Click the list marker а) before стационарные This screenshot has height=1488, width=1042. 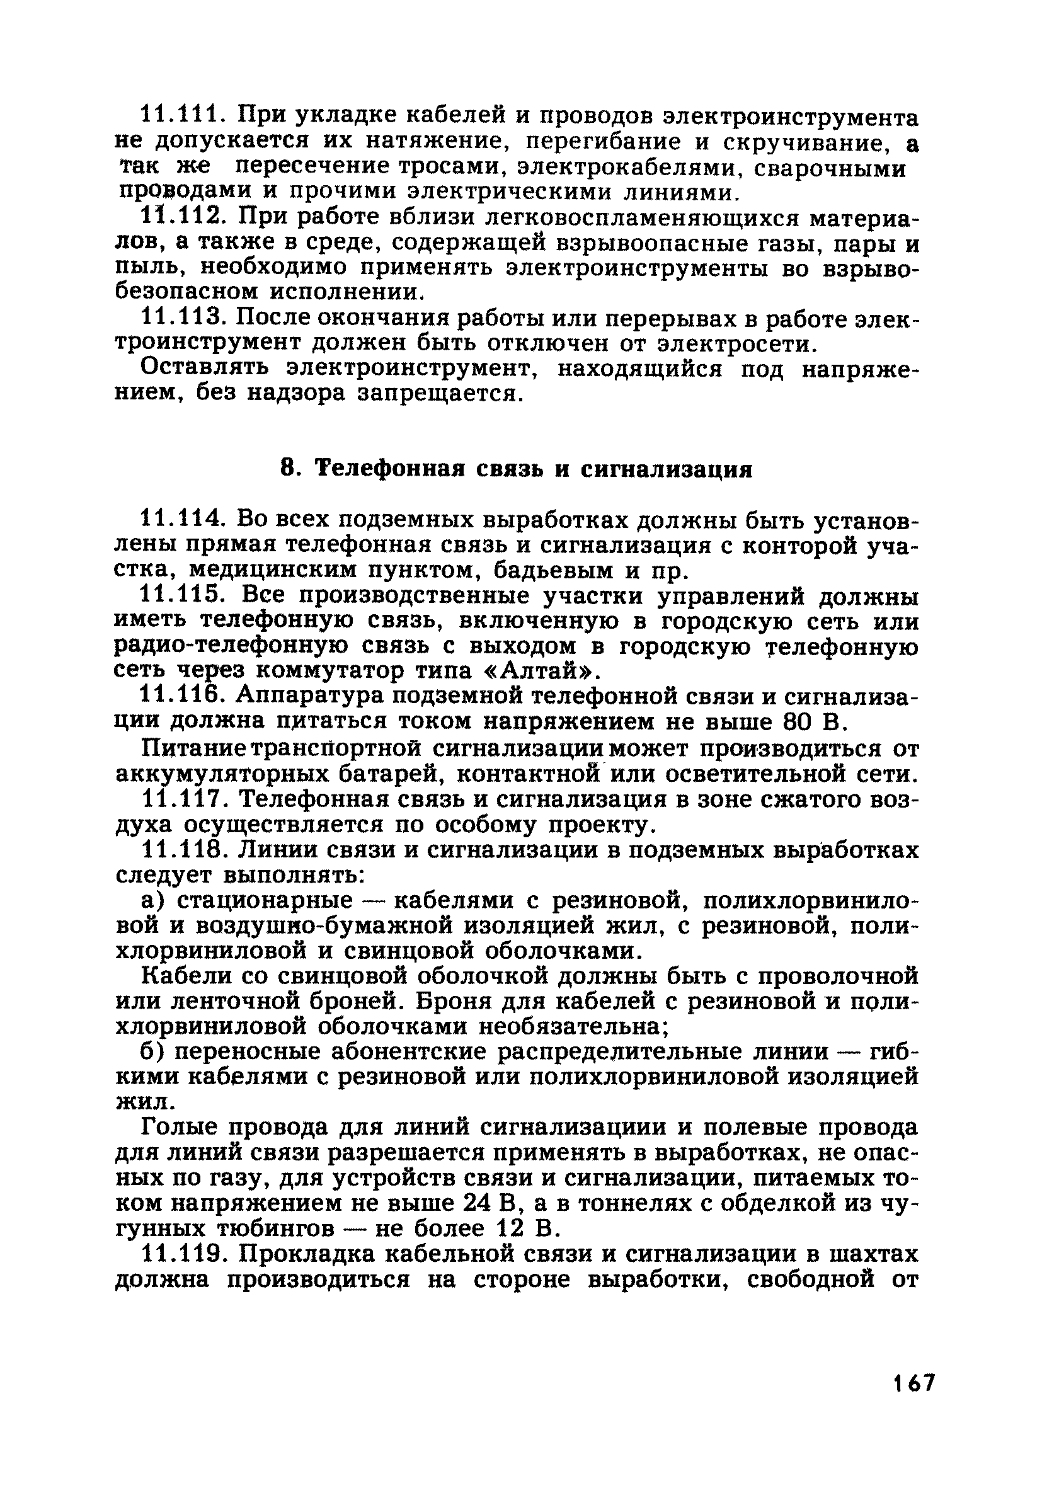tap(151, 901)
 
